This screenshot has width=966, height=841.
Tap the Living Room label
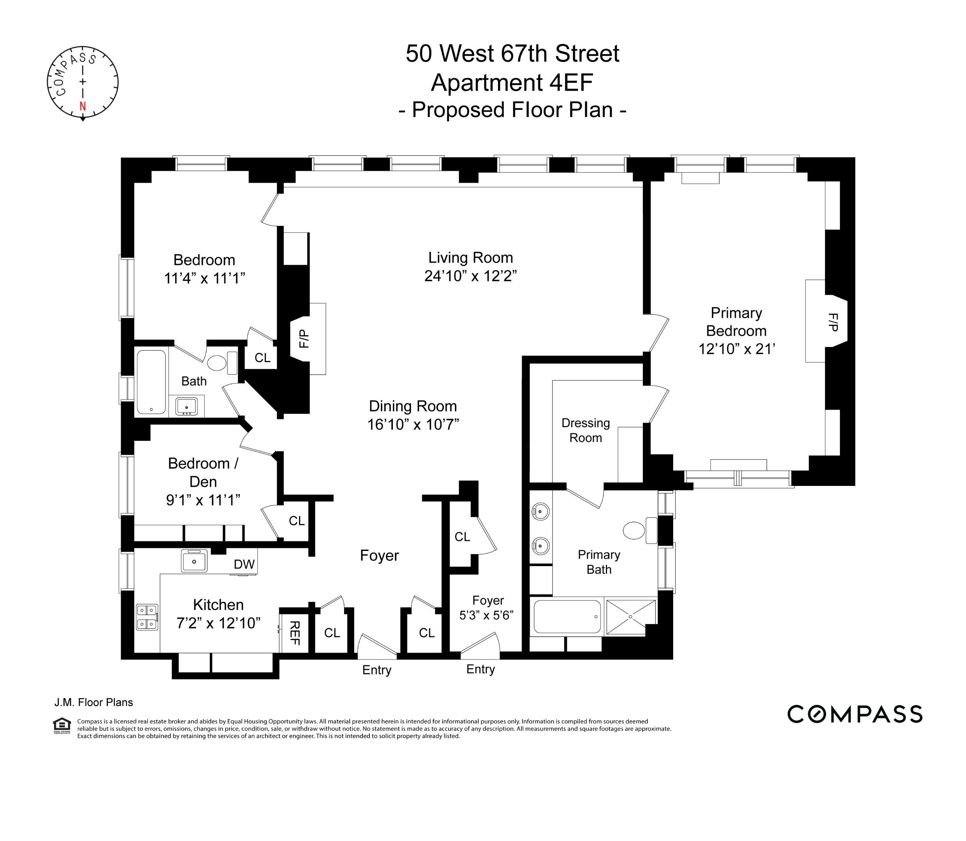[470, 258]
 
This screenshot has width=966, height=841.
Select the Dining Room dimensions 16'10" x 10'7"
[413, 424]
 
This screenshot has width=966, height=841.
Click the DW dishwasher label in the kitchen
[244, 564]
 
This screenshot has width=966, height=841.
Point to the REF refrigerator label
[294, 633]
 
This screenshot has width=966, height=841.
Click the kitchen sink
[194, 561]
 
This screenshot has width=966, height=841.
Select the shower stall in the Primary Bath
[630, 616]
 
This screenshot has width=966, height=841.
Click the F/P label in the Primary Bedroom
[833, 322]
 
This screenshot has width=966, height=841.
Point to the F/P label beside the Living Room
[304, 339]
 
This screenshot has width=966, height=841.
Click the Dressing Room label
[585, 430]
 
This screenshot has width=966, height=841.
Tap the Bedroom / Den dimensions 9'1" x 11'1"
[203, 500]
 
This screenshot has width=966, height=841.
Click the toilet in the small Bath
[217, 363]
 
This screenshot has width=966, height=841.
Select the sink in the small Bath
[187, 406]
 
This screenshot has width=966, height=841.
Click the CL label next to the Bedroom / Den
[297, 521]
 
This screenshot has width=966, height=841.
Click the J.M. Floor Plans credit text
[94, 702]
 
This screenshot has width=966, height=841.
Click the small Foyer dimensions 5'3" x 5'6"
[486, 615]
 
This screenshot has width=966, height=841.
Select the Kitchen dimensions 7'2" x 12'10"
[218, 623]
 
